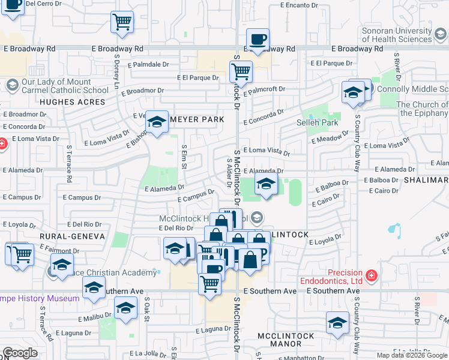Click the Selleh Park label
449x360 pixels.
coord(318,122)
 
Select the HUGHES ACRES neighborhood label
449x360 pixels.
coord(64,102)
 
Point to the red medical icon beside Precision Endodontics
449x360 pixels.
coord(372,275)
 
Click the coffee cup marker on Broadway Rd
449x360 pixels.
coord(258,40)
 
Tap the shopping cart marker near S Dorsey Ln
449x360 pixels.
coord(122,22)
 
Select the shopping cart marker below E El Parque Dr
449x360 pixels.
coord(241,71)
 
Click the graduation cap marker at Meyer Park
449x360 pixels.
coord(157,122)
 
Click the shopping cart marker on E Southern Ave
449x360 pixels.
coord(209,283)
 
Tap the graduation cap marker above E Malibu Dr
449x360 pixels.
coord(125,309)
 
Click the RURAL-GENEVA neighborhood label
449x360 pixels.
coord(72,236)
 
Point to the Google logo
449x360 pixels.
coord(20,353)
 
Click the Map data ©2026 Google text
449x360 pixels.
coord(412,355)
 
